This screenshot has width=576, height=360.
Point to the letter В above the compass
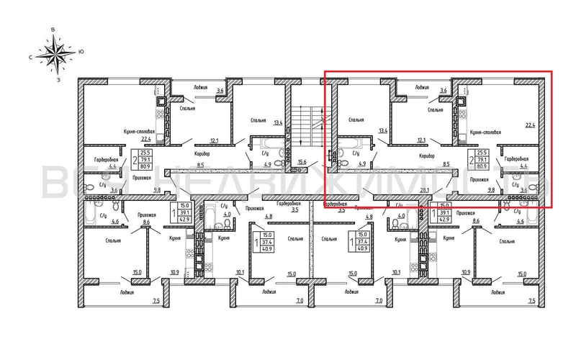[x=53, y=30]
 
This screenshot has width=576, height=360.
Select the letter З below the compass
[x=57, y=81]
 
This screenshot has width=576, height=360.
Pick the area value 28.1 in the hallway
[x=424, y=191]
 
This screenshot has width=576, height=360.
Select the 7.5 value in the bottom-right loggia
[x=532, y=301]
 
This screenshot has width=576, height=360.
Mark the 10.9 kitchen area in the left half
[x=174, y=273]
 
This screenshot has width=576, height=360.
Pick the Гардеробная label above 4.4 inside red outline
[x=516, y=158]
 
